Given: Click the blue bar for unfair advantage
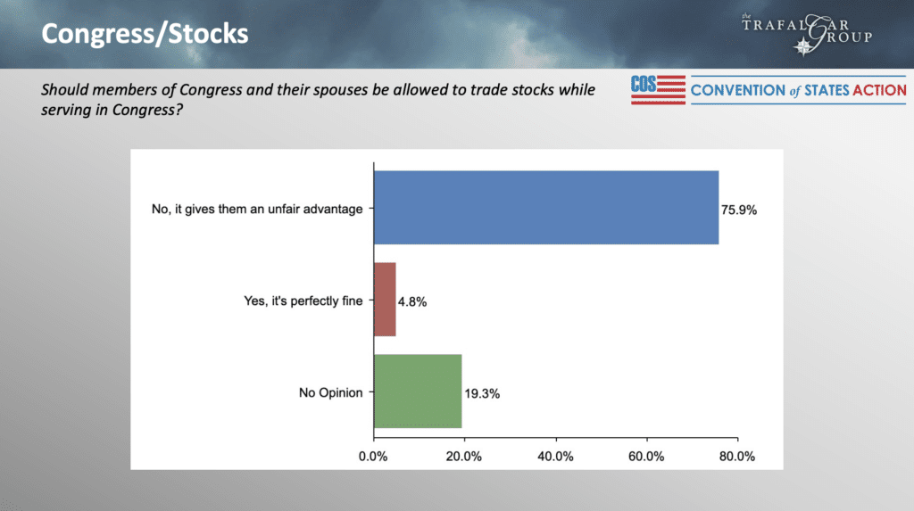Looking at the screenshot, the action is (x=546, y=208).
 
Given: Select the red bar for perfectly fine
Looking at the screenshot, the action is (x=385, y=300).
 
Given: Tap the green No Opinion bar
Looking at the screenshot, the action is (x=418, y=391).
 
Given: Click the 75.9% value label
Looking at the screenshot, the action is (x=738, y=210).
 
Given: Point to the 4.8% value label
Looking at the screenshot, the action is (x=412, y=301).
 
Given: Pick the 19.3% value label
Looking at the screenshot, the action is (x=482, y=394).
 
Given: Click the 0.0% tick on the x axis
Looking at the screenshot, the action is (x=373, y=457).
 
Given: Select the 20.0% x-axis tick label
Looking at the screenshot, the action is (x=464, y=457).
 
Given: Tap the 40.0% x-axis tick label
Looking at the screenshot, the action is (x=555, y=457).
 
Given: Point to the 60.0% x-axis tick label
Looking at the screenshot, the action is (x=646, y=457).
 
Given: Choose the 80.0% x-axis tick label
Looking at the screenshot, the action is (x=737, y=457).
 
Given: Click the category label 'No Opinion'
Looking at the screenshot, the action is (x=330, y=392).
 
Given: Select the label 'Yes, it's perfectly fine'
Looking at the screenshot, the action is (x=303, y=301).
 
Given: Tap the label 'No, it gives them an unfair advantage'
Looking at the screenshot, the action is (x=257, y=210).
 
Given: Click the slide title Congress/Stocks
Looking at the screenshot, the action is (x=145, y=34).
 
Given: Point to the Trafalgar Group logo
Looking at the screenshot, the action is (x=807, y=34).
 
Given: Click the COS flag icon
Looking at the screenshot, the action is (x=658, y=90).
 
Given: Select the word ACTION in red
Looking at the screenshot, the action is (x=879, y=90).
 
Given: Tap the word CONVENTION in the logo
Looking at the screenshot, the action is (x=738, y=90).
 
